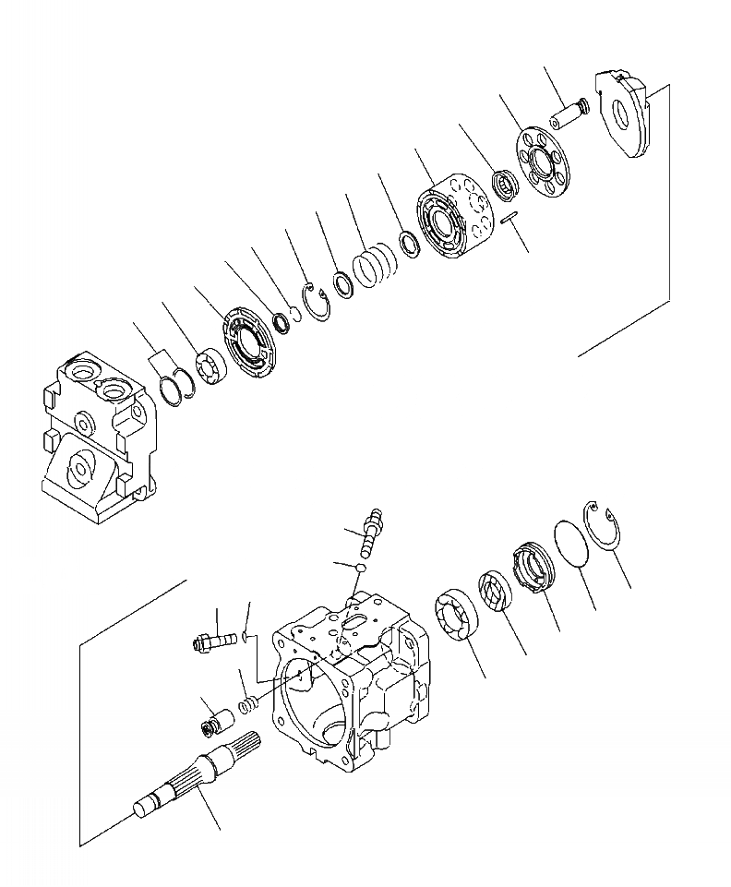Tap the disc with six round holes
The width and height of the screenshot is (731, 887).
click(x=543, y=159)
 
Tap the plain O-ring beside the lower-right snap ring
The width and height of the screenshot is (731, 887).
click(x=573, y=541)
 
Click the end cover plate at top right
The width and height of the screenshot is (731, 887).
click(x=625, y=113)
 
